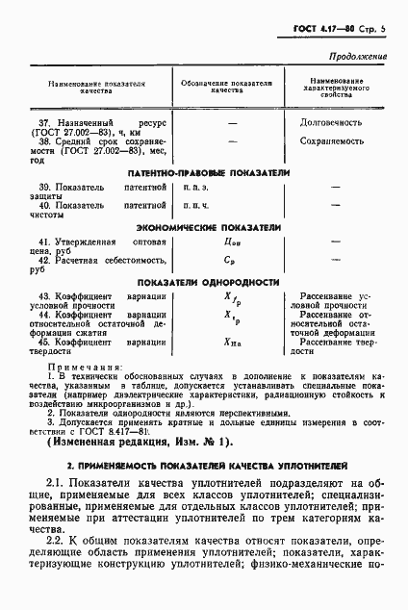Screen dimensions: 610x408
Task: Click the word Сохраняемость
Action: [334, 140]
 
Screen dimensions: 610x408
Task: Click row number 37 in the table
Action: [44, 124]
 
